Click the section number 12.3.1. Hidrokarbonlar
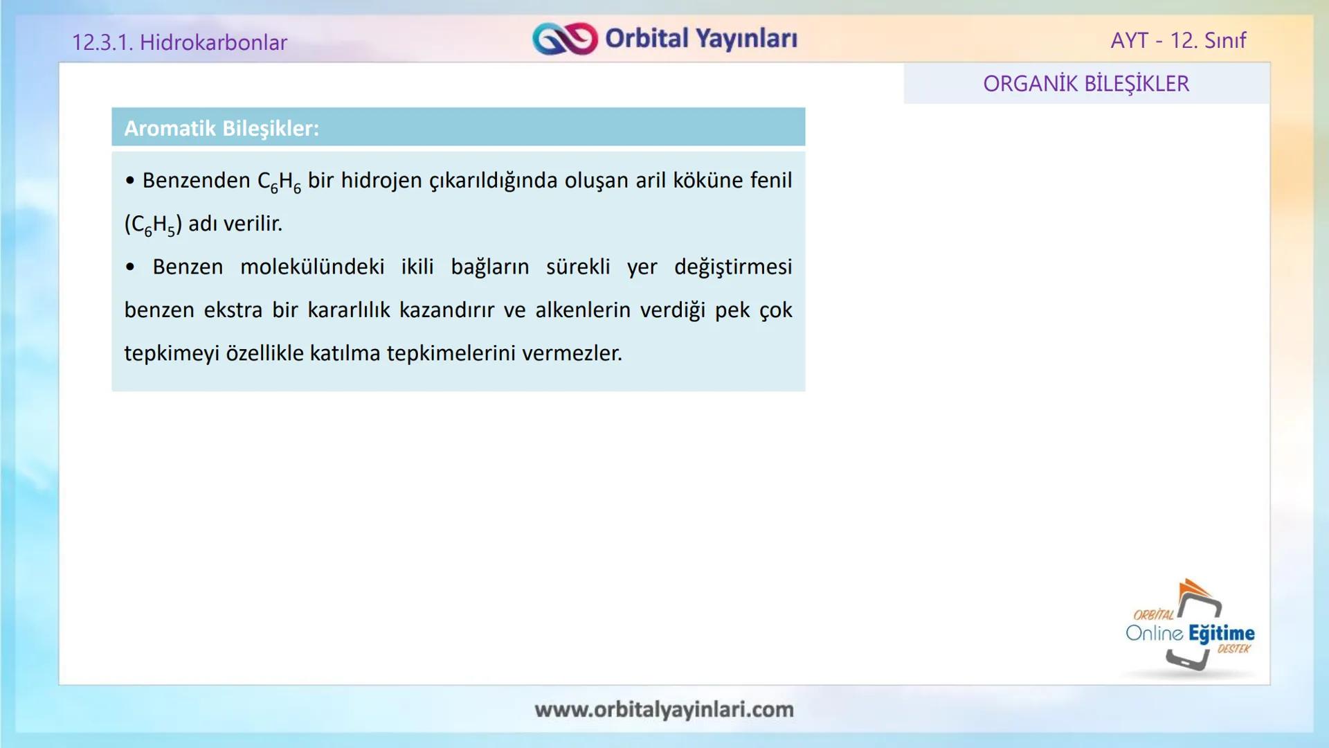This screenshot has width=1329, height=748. coord(179,42)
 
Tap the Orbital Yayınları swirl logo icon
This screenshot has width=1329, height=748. coord(564,39)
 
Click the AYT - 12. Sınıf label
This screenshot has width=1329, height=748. coord(1177,40)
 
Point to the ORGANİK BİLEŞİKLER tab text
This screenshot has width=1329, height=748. coord(1085,84)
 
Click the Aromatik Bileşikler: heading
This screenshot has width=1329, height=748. coord(221,128)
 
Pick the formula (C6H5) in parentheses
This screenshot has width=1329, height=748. coord(153,224)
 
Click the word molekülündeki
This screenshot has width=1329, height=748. coord(312,267)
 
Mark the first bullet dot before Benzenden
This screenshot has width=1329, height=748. coord(130,181)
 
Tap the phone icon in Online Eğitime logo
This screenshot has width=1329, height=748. coord(1195,631)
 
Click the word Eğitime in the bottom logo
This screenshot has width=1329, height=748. coord(1221,633)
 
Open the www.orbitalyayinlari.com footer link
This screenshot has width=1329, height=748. coord(664,709)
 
